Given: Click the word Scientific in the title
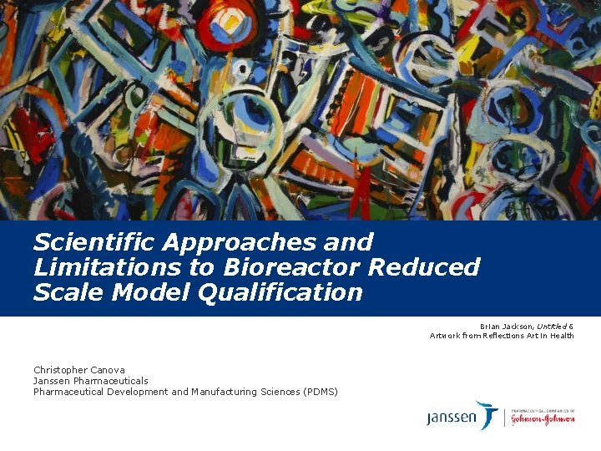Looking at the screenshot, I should (93, 242).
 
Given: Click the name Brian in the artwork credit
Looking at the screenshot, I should (491, 326).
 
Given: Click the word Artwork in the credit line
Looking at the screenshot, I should (445, 336).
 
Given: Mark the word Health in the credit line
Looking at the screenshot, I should (561, 336).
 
